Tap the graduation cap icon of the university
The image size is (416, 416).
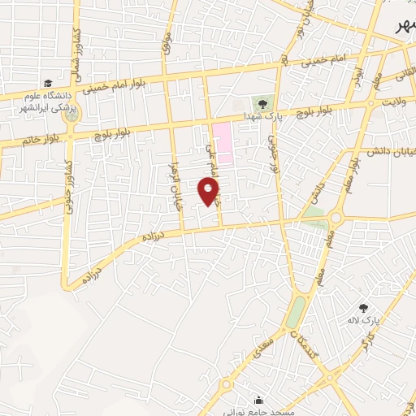point(49,83)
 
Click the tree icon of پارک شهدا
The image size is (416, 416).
point(262,102)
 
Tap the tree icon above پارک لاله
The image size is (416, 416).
point(363,307)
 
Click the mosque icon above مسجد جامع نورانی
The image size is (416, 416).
point(258,401)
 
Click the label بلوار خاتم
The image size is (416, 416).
point(20,141)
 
